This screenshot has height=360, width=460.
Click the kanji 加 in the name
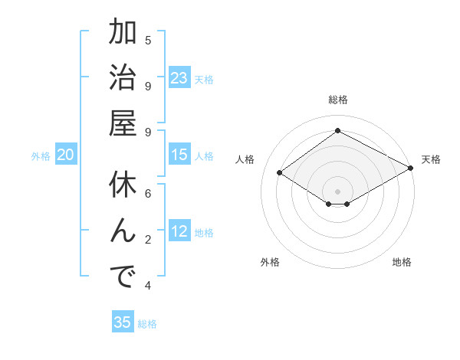point(123,34)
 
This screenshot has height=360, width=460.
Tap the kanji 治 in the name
point(123,79)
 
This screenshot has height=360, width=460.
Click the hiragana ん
point(123,231)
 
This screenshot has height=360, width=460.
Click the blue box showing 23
point(179,78)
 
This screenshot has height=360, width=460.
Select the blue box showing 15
point(179,155)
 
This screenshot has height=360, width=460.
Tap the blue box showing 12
point(179,231)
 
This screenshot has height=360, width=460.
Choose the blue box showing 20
point(66,155)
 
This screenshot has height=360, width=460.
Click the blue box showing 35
point(123,322)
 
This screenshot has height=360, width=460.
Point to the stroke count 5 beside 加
point(148,40)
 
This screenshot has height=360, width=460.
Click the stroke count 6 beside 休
point(148,193)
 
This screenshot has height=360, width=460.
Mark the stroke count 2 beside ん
point(148,240)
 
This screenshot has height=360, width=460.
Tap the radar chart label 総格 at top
point(338,100)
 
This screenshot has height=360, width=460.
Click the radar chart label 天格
point(431,159)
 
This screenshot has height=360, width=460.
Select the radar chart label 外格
point(270,262)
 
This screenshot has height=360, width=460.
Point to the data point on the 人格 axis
point(280,172)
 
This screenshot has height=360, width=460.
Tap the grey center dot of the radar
point(338,191)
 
